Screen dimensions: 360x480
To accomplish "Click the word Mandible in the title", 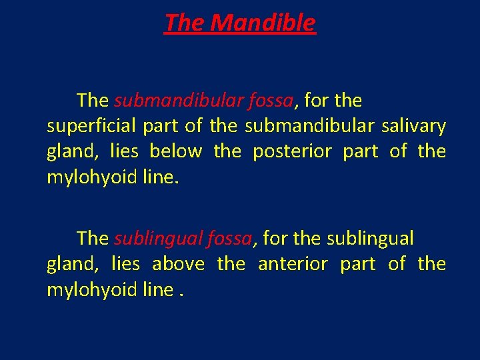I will [x=262, y=23].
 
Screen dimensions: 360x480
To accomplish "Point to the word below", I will [x=175, y=151].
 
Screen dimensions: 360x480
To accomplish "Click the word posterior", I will [x=292, y=151].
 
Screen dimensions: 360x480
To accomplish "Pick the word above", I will [x=178, y=264].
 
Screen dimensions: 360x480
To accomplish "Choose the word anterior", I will [x=293, y=264].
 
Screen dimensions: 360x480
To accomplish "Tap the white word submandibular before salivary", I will [x=303, y=126].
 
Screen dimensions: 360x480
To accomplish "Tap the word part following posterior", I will [x=360, y=151].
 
